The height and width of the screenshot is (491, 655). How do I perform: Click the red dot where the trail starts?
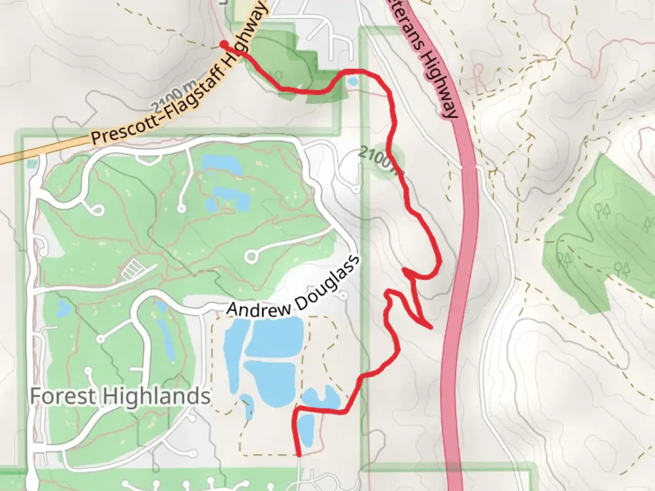[224, 44]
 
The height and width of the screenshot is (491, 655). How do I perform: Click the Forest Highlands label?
[120, 396]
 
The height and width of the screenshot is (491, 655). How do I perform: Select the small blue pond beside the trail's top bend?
[352, 82]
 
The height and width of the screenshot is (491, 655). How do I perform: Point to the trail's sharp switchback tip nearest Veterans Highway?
[430, 327]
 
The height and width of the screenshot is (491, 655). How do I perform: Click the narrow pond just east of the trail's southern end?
[306, 430]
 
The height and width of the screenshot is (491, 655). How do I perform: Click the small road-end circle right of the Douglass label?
[343, 296]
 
